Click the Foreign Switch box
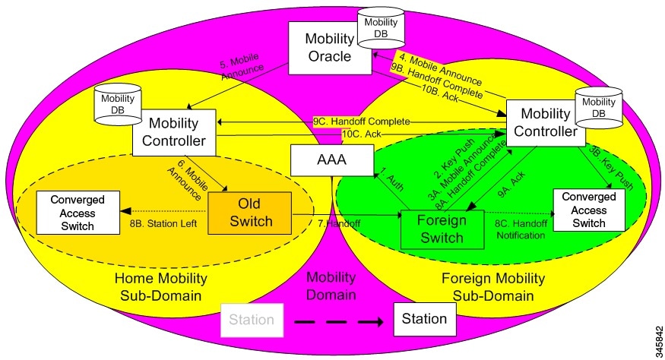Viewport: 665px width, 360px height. [442, 228]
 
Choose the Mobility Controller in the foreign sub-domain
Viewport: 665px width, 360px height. [544, 122]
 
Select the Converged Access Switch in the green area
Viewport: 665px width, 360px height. [590, 209]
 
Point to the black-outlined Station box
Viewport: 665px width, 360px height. [424, 319]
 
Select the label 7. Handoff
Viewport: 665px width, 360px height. [338, 224]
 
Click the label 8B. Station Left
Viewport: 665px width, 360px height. [166, 224]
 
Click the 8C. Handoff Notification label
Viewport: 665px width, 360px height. [520, 229]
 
